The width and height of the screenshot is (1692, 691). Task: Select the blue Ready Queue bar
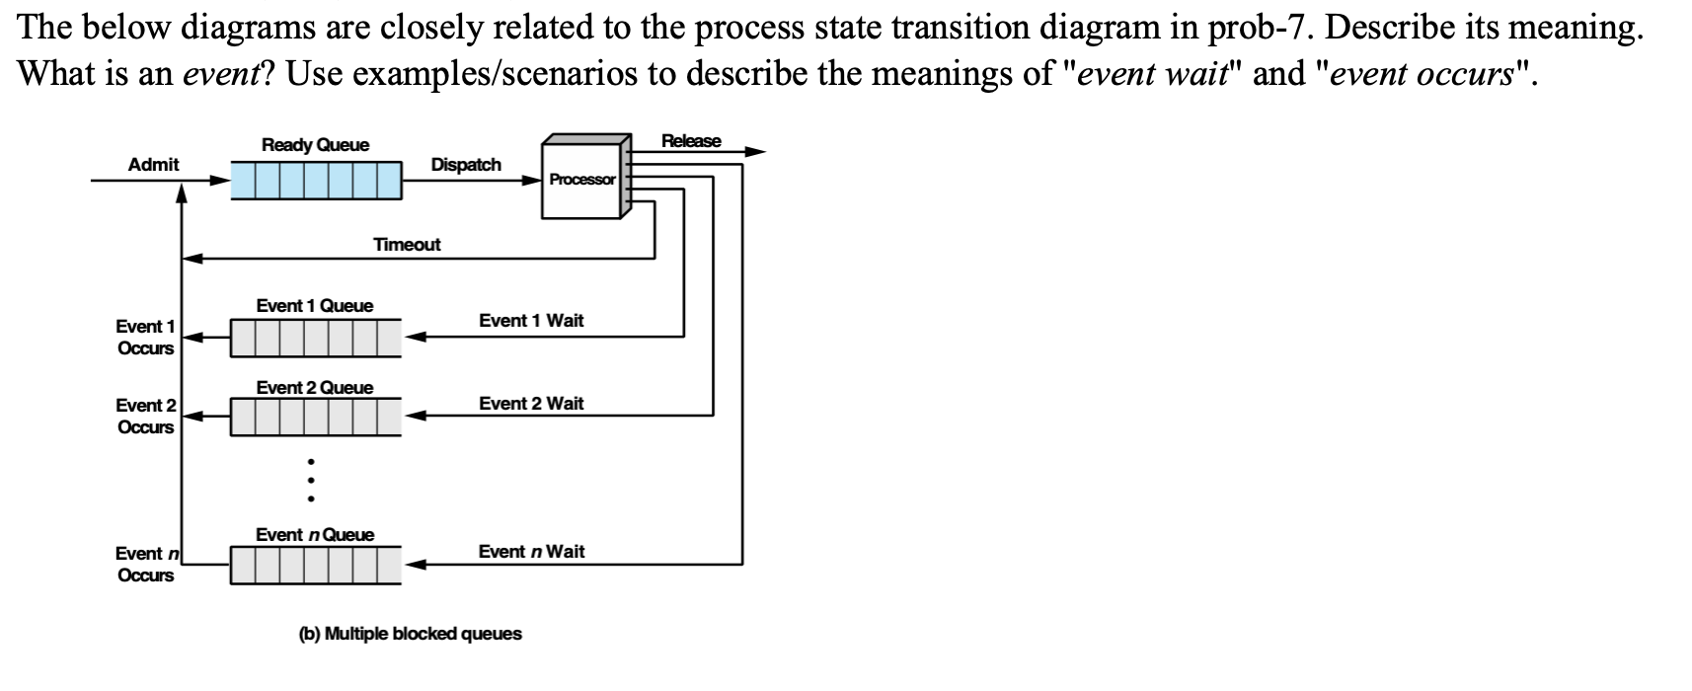pyautogui.click(x=316, y=180)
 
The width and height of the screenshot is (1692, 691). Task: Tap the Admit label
pyautogui.click(x=153, y=165)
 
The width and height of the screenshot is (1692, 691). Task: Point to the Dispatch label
pyautogui.click(x=466, y=165)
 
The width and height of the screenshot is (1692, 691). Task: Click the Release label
pyautogui.click(x=691, y=141)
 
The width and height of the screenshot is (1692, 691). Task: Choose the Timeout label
pyautogui.click(x=407, y=244)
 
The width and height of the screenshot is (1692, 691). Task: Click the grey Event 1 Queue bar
pyautogui.click(x=316, y=338)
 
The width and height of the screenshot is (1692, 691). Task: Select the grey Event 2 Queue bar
pyautogui.click(x=316, y=417)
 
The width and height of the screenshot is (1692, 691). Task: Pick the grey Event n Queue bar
pyautogui.click(x=316, y=565)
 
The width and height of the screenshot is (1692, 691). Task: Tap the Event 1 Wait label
pyautogui.click(x=531, y=321)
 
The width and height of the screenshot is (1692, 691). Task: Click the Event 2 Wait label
pyautogui.click(x=531, y=404)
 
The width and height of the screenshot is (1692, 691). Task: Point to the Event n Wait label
pyautogui.click(x=531, y=552)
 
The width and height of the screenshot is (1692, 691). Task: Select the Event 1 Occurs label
pyautogui.click(x=145, y=337)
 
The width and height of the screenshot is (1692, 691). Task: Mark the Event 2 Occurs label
pyautogui.click(x=145, y=416)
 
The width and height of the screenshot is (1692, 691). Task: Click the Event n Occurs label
pyautogui.click(x=145, y=564)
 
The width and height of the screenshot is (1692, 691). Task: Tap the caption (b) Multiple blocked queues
pyautogui.click(x=410, y=634)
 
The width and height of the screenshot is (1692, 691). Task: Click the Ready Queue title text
pyautogui.click(x=315, y=145)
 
